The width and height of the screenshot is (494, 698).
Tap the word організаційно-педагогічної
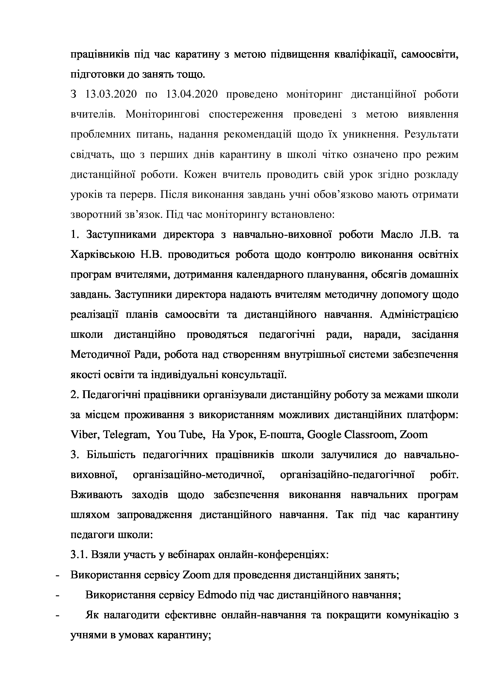[x=347, y=475]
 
